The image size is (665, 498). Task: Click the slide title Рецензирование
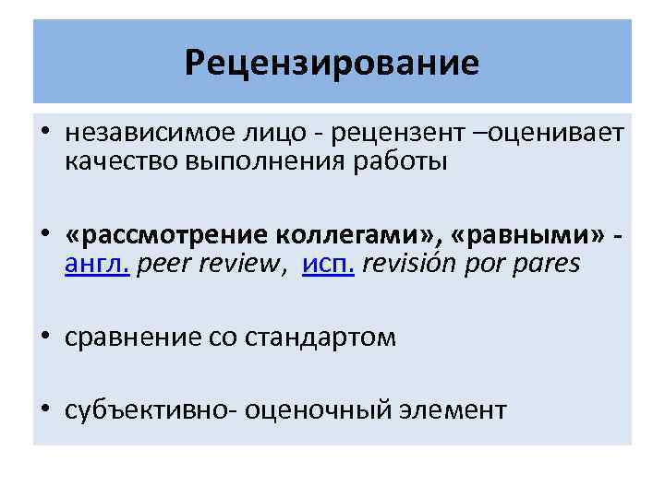click(332, 63)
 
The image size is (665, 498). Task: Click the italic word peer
click(163, 265)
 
